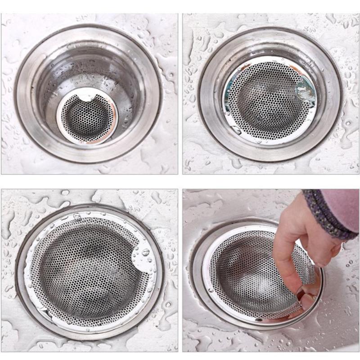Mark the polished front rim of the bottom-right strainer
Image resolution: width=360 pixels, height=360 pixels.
coord(252,315)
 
